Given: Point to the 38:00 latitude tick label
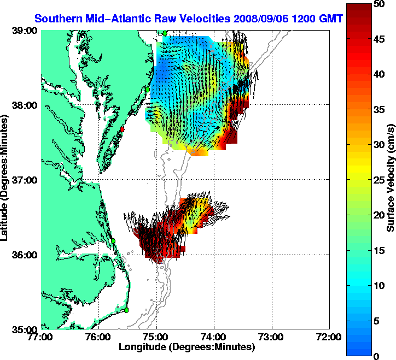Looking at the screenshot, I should point(25,105).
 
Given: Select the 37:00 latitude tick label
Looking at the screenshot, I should point(25,180).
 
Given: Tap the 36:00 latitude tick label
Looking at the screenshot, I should point(25,255).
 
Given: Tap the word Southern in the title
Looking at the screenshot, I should point(56,18).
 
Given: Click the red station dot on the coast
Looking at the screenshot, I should point(123,129).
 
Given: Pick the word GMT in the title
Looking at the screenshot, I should point(331,18).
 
